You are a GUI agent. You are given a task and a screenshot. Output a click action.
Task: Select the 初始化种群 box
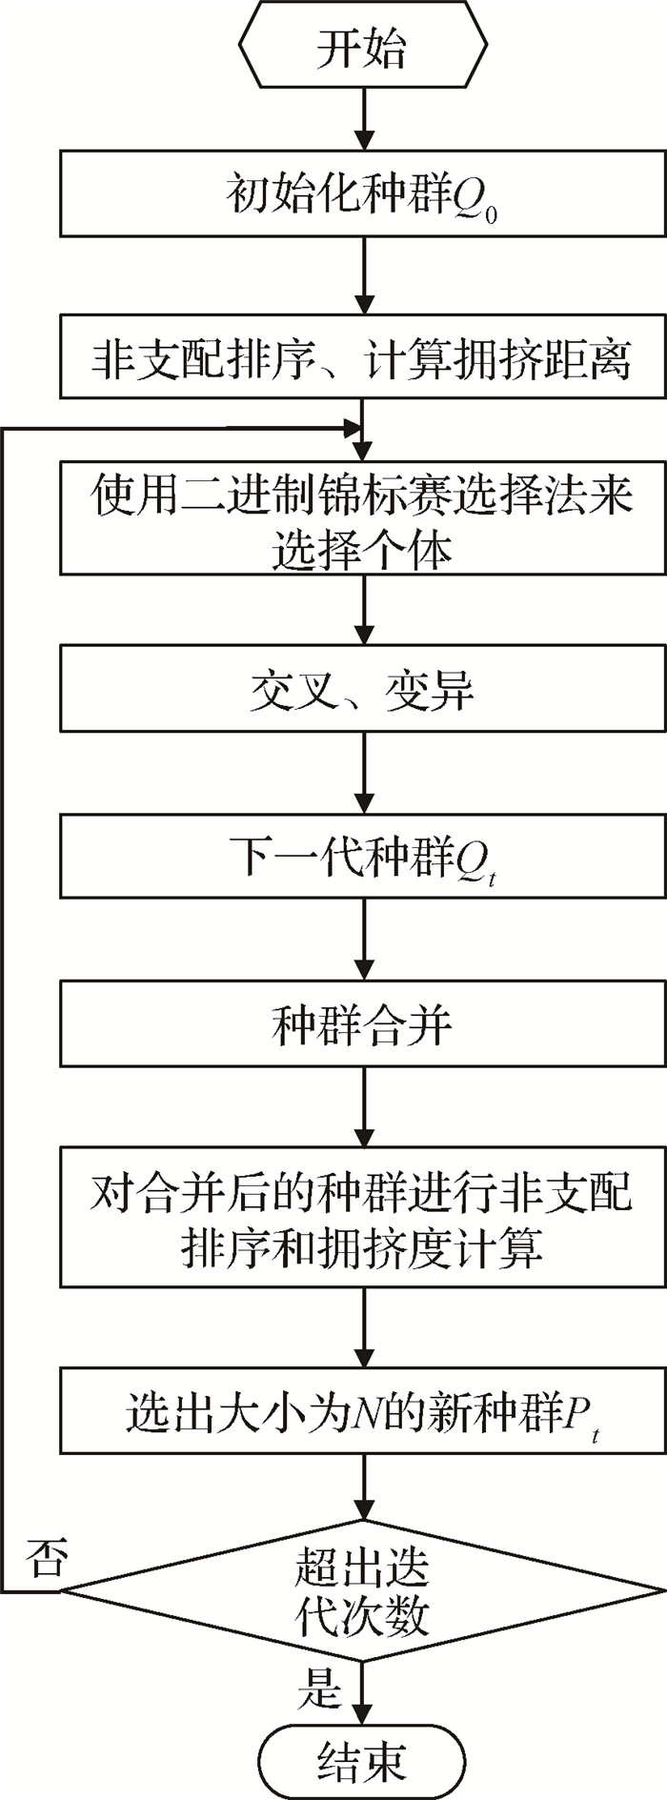pos(362,193)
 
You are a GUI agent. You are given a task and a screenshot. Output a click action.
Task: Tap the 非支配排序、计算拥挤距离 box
pos(362,356)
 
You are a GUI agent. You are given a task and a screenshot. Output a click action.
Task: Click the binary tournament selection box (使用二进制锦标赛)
pos(362,517)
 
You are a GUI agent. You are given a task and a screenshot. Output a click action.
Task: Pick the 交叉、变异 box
pos(362,688)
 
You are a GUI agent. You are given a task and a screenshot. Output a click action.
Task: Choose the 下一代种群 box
pos(362,856)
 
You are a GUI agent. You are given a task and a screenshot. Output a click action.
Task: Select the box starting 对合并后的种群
pos(362,1218)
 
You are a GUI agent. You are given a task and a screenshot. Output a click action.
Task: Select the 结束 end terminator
pos(362,1759)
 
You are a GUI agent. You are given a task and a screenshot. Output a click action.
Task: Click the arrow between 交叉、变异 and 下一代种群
pos(363,773)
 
